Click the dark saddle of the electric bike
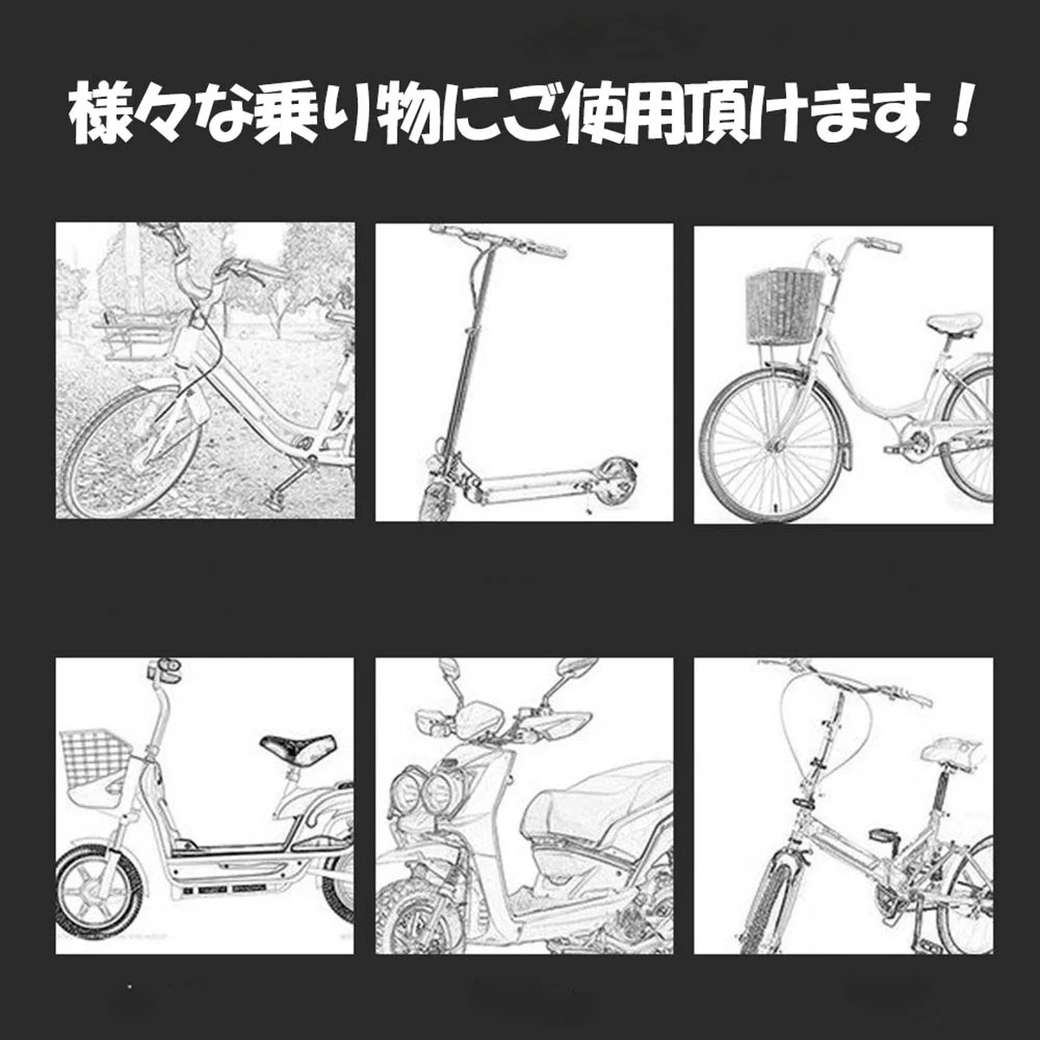point(298,747)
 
